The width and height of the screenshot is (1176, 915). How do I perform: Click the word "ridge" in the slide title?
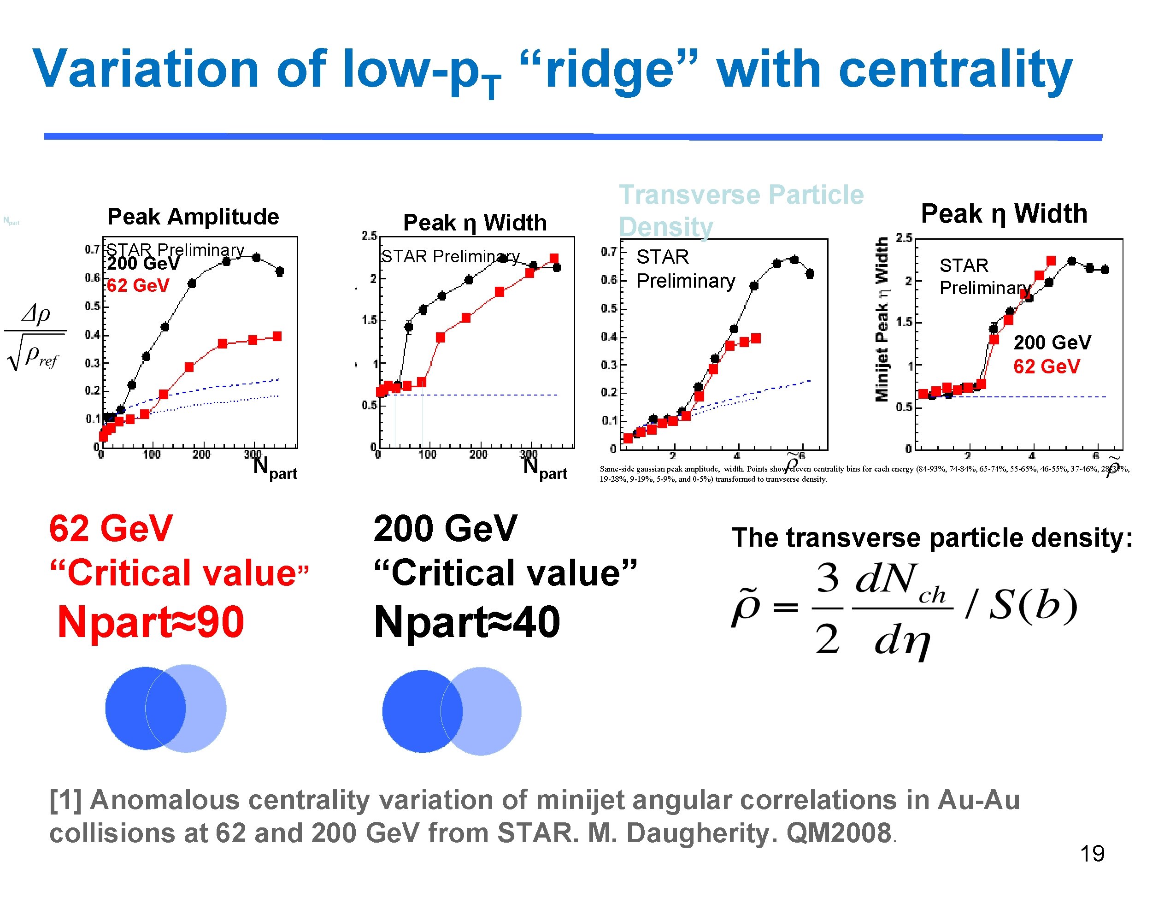click(x=608, y=70)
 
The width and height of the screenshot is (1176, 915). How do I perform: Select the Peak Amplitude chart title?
click(x=193, y=217)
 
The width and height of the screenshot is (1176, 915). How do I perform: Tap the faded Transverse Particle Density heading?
click(x=741, y=210)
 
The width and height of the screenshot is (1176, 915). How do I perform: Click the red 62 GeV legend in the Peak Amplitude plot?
click(x=138, y=285)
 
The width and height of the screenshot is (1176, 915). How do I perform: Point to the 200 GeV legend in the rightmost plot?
click(x=1052, y=342)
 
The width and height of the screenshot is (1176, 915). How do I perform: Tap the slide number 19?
click(x=1092, y=854)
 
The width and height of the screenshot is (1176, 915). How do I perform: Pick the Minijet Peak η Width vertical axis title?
click(x=881, y=320)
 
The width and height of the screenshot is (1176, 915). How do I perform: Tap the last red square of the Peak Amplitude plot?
click(x=277, y=336)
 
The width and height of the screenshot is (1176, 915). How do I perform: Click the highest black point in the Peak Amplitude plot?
click(x=256, y=257)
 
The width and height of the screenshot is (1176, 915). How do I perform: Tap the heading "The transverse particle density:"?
click(x=932, y=537)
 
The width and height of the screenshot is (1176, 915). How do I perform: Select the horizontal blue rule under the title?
click(x=573, y=137)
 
